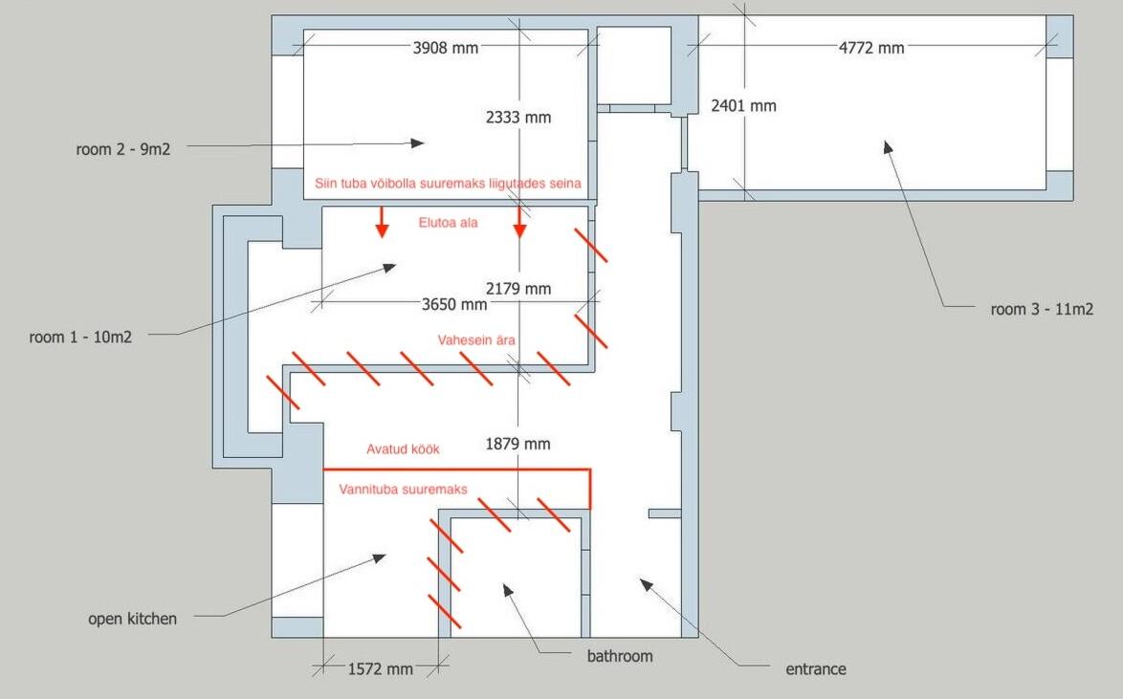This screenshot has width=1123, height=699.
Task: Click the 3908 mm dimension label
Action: (446, 48)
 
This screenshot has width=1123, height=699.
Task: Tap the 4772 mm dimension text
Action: (871, 48)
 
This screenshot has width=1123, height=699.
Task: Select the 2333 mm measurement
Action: (518, 118)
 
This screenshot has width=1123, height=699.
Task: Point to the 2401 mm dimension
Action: (743, 106)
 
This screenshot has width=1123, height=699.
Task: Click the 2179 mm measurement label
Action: (518, 289)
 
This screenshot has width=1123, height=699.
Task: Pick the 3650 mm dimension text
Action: (454, 304)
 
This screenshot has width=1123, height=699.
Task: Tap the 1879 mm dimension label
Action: (517, 444)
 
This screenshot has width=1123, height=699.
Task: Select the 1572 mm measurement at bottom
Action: (381, 669)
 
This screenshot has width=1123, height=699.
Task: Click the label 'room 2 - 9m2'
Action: (123, 149)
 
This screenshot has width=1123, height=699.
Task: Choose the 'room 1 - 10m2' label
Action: (81, 338)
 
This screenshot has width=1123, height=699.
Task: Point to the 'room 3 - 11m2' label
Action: (1042, 310)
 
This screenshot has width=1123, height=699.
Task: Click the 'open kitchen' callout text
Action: (133, 619)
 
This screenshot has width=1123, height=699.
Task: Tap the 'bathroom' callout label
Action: (620, 656)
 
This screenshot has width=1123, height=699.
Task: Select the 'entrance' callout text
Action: (816, 669)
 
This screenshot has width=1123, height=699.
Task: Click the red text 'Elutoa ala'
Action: (449, 223)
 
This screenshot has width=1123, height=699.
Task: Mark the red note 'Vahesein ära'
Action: (476, 340)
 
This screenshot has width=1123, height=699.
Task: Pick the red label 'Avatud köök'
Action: (404, 449)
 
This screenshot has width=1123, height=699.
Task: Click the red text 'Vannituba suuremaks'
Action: (404, 490)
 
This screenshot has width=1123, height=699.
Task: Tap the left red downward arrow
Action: (383, 222)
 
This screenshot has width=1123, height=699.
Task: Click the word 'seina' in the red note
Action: (565, 184)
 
